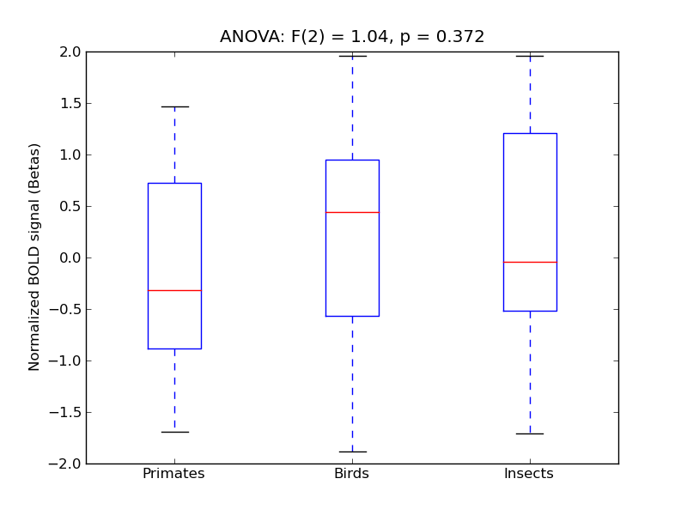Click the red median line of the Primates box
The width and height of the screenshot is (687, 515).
coord(174,290)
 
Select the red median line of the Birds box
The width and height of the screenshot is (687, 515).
coord(352,212)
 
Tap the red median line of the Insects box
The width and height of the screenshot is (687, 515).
coord(530,262)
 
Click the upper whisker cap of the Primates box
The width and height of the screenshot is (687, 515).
coord(174,106)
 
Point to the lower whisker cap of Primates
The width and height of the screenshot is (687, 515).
coord(174,432)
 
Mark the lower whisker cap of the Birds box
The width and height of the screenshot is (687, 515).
coord(352,451)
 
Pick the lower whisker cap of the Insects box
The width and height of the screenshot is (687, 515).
coord(530,433)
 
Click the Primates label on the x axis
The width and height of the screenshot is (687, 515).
coord(173,474)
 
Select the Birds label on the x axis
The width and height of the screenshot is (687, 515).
coord(352,474)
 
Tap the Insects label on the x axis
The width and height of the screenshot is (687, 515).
coord(529,474)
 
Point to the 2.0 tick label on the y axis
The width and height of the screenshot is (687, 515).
coord(70,51)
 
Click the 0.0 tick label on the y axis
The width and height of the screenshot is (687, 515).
coord(70,257)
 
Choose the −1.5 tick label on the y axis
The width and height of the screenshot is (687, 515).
coord(66,412)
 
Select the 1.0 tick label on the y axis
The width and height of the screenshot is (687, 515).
coord(70,154)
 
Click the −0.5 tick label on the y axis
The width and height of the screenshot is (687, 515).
coord(66,309)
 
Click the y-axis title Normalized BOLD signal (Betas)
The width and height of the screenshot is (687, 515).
coord(34,257)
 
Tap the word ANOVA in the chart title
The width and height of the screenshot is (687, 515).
coord(247,37)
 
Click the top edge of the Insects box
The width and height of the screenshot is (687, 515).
coord(530,133)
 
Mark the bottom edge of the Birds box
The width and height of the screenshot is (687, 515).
coord(352,316)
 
